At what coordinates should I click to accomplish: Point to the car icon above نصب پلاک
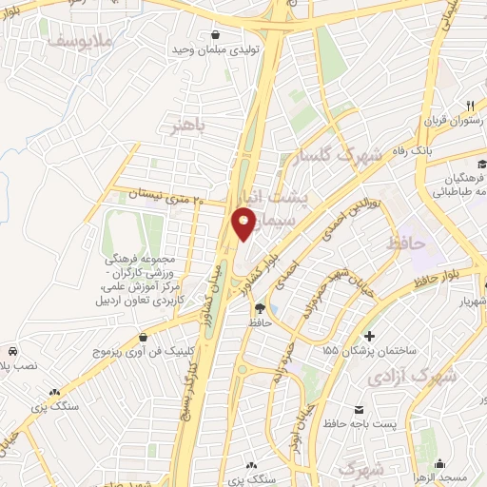tap(10, 350)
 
